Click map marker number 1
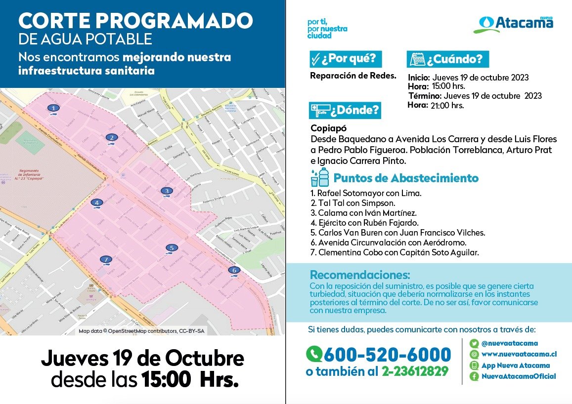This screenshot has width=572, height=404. point(54,108)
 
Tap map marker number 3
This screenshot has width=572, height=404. point(167,191)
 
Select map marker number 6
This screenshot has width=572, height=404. point(234,270)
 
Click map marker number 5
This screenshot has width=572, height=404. point(171,247)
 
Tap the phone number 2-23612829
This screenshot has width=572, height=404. point(415,371)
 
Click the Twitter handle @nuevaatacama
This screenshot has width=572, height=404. point(510,343)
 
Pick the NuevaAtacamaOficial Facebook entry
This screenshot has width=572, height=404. point(519,376)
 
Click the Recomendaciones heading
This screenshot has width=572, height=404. point(359,275)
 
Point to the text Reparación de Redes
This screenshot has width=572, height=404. point(353,76)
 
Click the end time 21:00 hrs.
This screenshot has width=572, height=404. point(447,105)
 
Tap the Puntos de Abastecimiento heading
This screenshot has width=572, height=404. point(405,178)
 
